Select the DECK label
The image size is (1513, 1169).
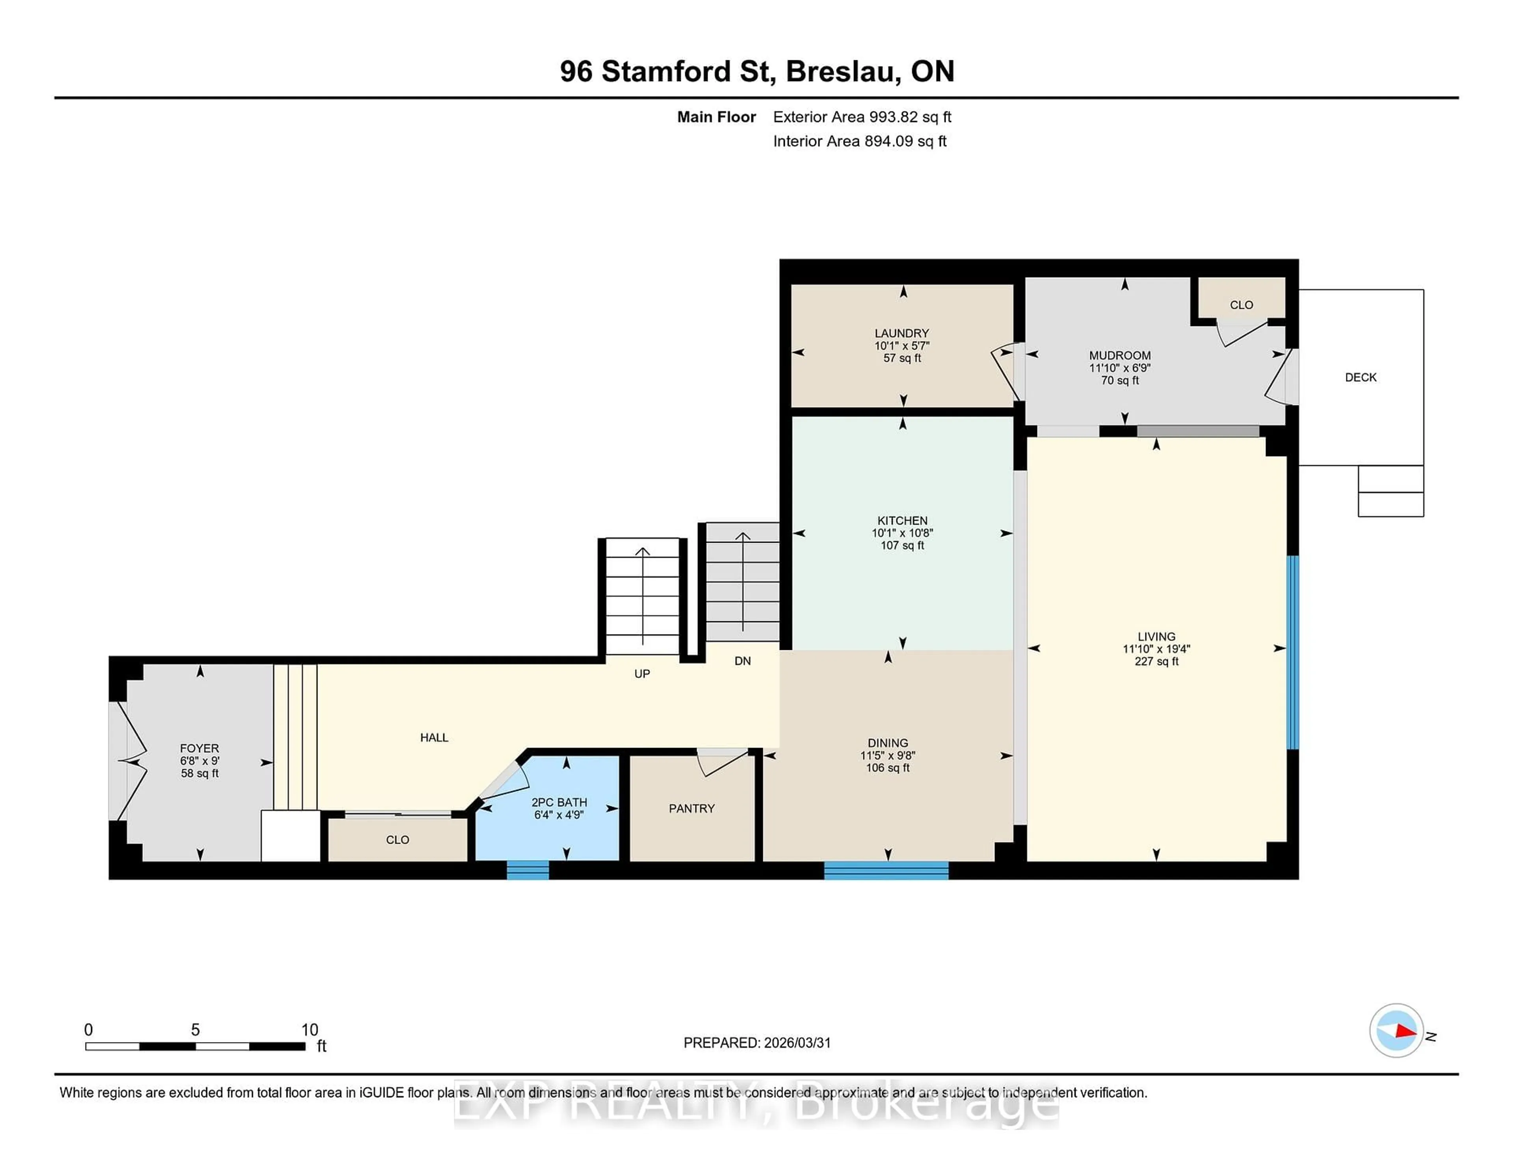(1360, 377)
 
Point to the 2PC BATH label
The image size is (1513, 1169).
(559, 802)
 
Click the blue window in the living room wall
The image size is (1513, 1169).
(1292, 652)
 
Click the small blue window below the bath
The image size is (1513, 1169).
(528, 870)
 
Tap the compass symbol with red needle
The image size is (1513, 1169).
(1396, 1030)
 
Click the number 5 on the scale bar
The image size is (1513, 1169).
(195, 1030)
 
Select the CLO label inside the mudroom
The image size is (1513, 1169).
(1241, 305)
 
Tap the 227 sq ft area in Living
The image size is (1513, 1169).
(1156, 661)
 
